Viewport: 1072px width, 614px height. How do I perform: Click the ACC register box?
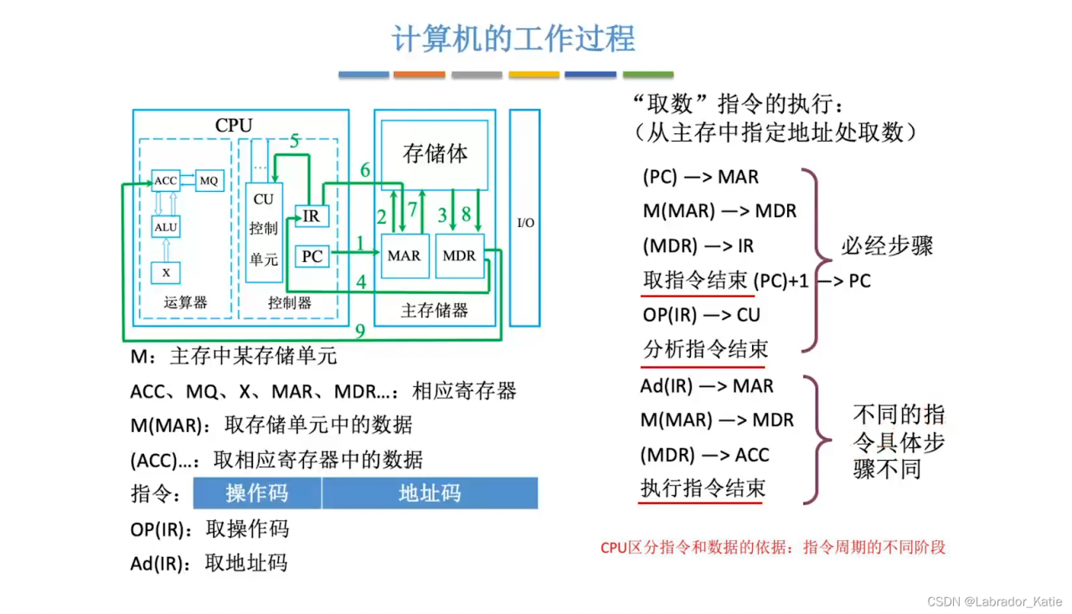coord(166,181)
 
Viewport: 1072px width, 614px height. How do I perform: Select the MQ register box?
coord(209,180)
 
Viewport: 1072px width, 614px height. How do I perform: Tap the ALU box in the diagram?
coord(166,226)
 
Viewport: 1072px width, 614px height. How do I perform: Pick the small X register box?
coord(166,272)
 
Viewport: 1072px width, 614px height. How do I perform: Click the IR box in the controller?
coord(312,216)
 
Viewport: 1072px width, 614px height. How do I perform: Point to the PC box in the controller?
coord(312,256)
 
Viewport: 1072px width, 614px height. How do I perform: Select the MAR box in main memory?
coord(404,256)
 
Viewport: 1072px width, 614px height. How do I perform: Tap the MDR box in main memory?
coord(459,256)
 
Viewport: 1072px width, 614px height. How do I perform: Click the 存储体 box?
coord(435,154)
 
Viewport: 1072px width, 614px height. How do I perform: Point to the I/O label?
coord(525,223)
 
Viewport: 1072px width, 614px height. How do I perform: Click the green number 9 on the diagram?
coord(360,332)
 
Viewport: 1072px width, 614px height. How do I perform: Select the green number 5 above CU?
coord(295,142)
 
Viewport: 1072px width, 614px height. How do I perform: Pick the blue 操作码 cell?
coord(257,493)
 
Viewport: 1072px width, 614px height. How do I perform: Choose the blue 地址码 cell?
coord(430,493)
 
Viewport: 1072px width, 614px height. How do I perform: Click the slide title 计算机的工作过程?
coord(513,39)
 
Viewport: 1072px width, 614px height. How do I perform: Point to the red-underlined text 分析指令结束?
coord(704,349)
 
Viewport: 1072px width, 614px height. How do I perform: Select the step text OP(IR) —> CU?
coord(701,315)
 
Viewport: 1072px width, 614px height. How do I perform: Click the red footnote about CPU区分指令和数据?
coord(772,548)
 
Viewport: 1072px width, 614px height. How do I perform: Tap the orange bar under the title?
coord(419,75)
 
